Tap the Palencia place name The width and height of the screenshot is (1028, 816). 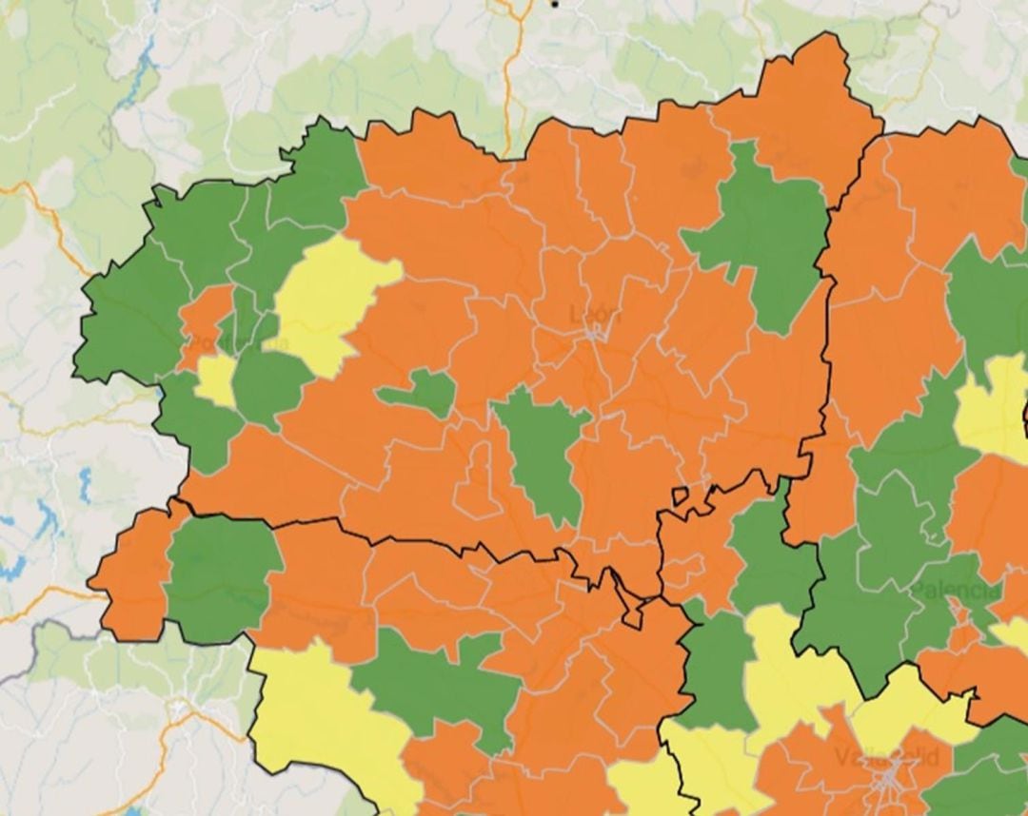coord(956,591)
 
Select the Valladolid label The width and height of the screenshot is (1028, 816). coord(885,757)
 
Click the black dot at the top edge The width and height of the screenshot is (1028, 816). coord(554,4)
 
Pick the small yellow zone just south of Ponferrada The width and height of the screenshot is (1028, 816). coord(216,379)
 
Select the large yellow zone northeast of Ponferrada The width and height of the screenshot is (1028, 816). coord(329,300)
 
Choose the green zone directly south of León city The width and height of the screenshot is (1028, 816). coord(540,453)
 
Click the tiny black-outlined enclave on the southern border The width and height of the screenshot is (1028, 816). coord(680,495)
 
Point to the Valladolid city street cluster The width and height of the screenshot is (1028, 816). coord(890,780)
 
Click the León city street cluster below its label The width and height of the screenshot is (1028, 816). coord(595,333)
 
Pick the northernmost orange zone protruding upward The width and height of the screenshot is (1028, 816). coord(809,95)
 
